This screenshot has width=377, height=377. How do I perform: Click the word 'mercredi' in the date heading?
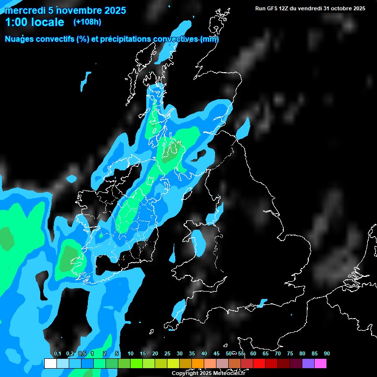24,10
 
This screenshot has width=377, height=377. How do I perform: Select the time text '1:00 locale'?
34,22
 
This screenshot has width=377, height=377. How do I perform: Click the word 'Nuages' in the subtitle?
19,39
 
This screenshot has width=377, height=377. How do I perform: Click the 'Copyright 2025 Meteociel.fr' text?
208,373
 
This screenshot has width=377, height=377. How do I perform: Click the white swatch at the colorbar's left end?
50,364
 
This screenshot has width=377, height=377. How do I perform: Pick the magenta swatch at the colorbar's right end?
320,364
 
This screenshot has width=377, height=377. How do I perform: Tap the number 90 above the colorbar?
327,354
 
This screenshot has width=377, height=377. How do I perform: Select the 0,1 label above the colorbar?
57,354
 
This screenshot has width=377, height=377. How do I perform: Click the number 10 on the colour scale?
131,354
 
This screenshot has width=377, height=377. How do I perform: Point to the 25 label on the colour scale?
167,354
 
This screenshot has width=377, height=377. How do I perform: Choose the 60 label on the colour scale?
253,354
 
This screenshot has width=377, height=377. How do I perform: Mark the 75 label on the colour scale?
290,354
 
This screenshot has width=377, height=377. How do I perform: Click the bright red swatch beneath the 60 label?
259,364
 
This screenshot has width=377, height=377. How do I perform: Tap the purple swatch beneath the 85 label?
308,364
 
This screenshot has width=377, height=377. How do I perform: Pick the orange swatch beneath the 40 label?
198,364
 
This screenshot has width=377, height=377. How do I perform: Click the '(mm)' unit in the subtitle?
209,39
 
